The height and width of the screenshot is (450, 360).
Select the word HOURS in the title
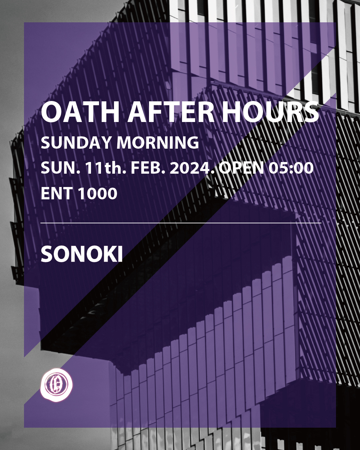270,112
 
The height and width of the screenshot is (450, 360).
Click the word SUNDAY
76,142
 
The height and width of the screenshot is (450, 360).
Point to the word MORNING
158,142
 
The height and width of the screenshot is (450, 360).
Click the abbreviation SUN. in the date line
60,168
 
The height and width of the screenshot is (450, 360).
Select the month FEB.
148,168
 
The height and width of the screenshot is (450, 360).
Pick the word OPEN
241,168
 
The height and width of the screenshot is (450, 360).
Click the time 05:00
291,168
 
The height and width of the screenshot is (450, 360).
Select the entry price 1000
97,193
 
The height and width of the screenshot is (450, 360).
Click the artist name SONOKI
82,254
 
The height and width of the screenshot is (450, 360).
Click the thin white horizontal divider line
181,223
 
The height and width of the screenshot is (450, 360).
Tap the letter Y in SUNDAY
105,142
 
